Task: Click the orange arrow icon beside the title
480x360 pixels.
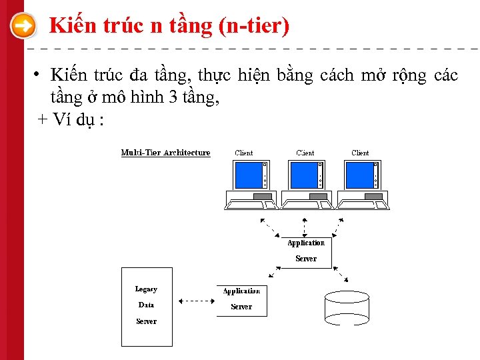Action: coord(24,27)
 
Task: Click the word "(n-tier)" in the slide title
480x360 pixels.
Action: coord(253,26)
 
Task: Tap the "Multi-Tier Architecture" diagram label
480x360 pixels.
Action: coord(165,153)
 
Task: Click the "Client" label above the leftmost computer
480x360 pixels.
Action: coord(244,153)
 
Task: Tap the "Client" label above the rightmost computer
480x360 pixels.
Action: coord(360,153)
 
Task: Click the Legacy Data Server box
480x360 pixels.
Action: coord(147,307)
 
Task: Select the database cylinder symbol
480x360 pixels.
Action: coord(346,307)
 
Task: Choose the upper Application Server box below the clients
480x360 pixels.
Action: coord(306,251)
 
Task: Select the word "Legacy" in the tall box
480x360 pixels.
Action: coord(146,289)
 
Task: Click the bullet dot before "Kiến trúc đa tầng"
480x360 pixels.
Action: coord(39,74)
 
